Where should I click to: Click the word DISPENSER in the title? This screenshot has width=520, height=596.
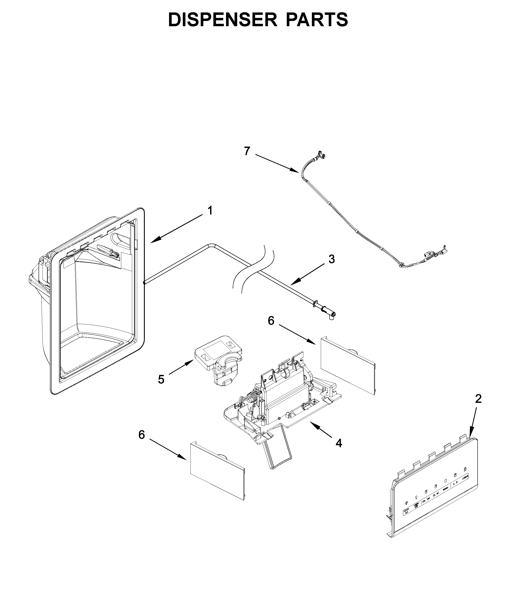click(x=222, y=20)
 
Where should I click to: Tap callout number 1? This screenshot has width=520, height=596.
click(x=210, y=211)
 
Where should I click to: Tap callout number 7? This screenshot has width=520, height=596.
click(x=247, y=151)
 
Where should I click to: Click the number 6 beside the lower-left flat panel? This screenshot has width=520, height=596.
click(x=142, y=443)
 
